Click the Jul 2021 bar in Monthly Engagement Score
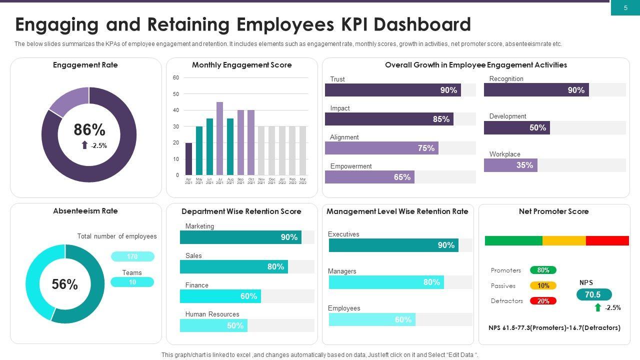click(219, 138)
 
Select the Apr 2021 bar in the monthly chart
click(188, 159)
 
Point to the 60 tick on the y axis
click(176, 78)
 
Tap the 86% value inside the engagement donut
click(89, 130)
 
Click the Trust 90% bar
click(393, 90)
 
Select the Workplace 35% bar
click(510, 165)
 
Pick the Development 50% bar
click(517, 128)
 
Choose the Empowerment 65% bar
click(369, 177)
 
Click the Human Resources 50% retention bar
click(213, 325)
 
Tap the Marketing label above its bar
click(199, 226)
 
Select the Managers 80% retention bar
click(386, 282)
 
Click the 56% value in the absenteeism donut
click(65, 284)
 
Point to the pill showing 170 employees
click(132, 256)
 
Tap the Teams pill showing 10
click(132, 282)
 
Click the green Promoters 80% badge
click(543, 270)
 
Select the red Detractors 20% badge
click(543, 301)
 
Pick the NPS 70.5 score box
click(593, 295)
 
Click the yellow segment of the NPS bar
click(564, 241)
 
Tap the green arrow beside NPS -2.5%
click(597, 307)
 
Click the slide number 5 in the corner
click(625, 8)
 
